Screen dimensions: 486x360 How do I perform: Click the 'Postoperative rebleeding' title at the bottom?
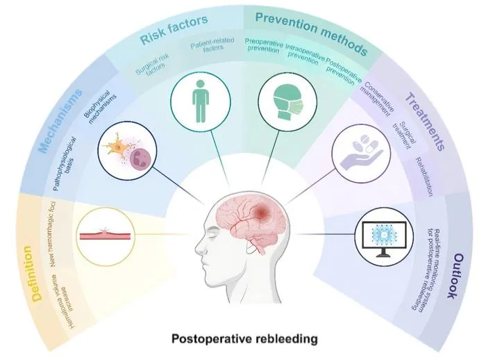coord(244,338)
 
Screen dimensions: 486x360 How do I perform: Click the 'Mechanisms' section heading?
coord(60,121)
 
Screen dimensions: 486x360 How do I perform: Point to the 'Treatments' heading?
coord(425,122)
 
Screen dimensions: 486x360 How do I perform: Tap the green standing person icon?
coord(201,101)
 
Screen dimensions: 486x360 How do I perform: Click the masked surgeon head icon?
coord(287,101)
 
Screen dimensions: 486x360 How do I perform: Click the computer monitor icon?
coord(385,238)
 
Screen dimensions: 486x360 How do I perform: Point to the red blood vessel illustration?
coord(106,235)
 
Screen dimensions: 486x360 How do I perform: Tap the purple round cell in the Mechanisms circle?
coord(142,160)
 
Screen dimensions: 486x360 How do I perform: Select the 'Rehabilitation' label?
coord(424,177)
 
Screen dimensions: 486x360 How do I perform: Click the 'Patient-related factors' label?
coord(212,44)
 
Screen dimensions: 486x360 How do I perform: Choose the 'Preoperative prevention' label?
coord(263,45)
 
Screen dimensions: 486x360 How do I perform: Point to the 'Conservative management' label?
coord(376,99)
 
